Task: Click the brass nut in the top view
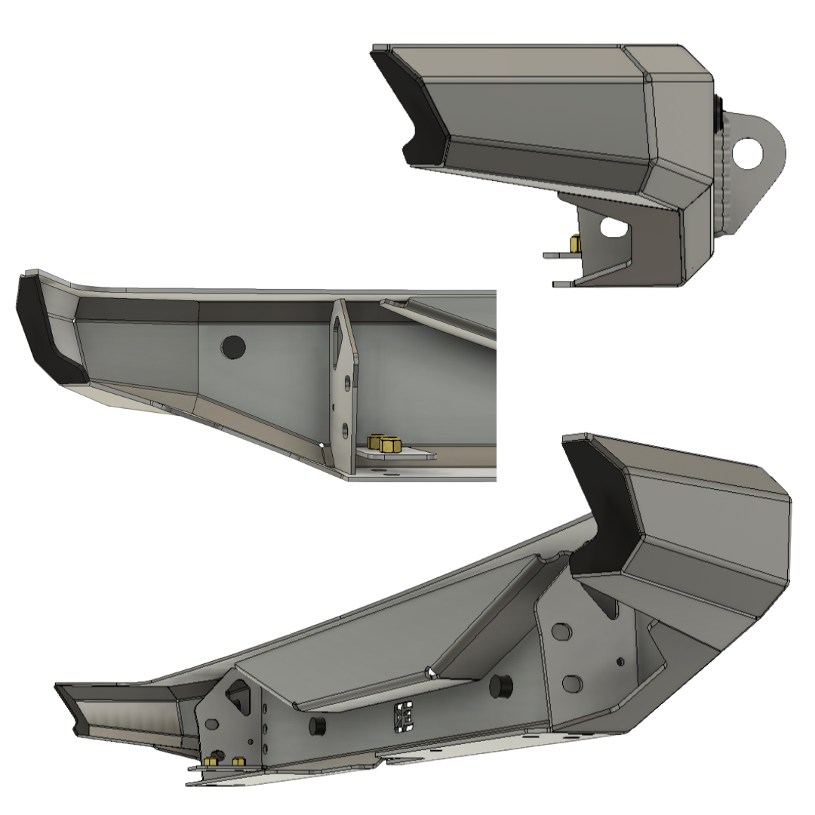[575, 244]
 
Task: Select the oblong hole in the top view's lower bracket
[614, 226]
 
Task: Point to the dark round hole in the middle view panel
[233, 346]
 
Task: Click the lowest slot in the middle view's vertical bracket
[345, 431]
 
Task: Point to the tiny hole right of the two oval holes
[620, 662]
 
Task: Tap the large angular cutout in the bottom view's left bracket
[239, 696]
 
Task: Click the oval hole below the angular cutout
[212, 723]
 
